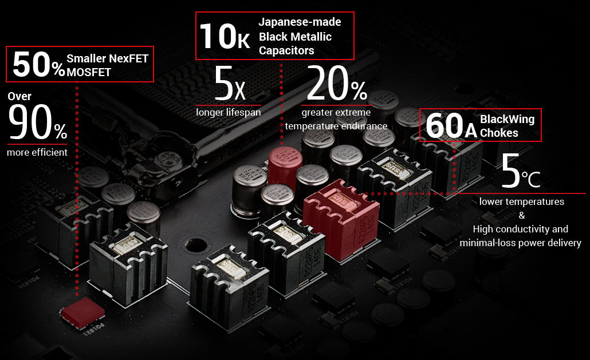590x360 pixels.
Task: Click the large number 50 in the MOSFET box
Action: [32, 64]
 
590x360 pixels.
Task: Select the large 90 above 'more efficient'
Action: [30, 122]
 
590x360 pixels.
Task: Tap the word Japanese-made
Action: [300, 22]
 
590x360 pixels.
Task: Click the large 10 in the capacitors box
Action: [218, 36]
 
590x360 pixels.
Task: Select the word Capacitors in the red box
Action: [286, 50]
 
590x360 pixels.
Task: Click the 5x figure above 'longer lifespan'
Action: [230, 83]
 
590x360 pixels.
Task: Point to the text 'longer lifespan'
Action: [229, 112]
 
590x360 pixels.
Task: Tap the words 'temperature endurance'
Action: [336, 126]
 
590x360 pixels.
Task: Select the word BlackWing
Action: [507, 119]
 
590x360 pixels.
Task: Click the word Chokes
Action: [499, 133]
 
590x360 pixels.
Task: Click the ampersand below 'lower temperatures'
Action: [522, 215]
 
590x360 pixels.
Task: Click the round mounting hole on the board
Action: [196, 245]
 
